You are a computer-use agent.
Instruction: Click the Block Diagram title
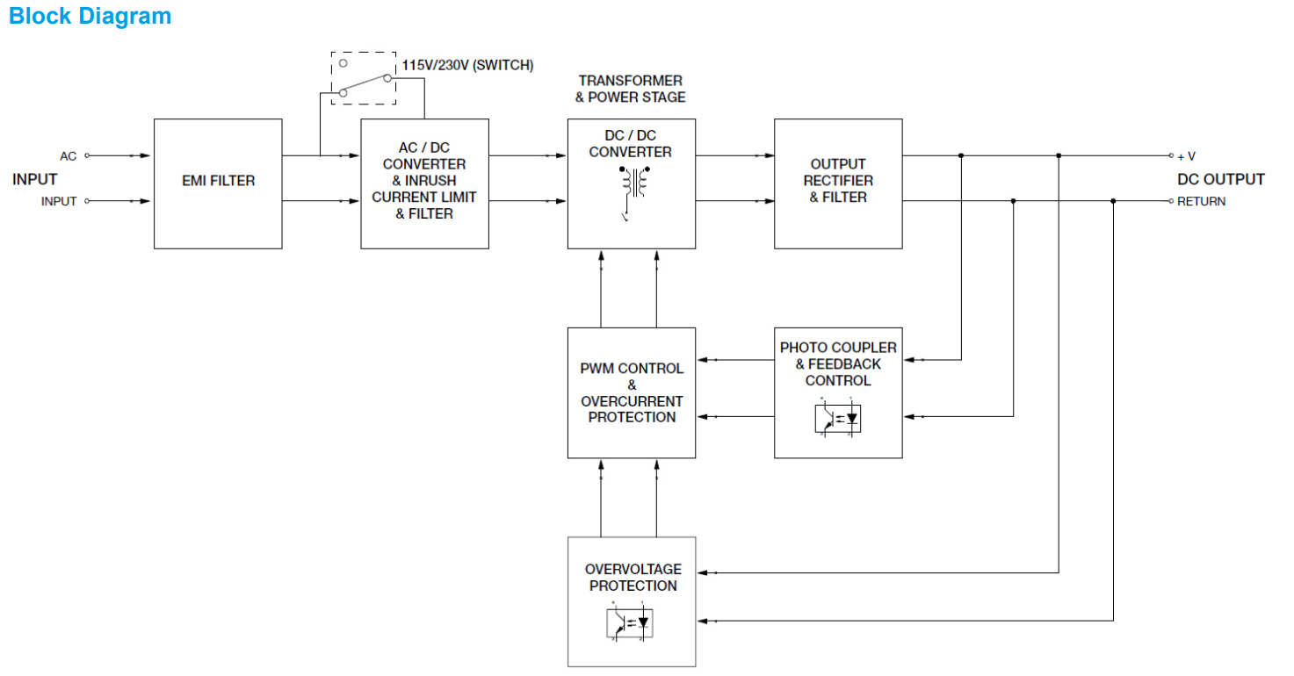pyautogui.click(x=90, y=16)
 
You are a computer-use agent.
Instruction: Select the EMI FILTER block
pyautogui.click(x=218, y=182)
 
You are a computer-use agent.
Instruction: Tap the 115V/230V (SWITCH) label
pyautogui.click(x=467, y=65)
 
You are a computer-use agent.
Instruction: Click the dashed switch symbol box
pyautogui.click(x=364, y=78)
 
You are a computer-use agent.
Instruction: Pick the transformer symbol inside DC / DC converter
pyautogui.click(x=633, y=183)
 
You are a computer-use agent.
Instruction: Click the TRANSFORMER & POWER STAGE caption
pyautogui.click(x=630, y=89)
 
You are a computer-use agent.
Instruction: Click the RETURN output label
pyautogui.click(x=1201, y=201)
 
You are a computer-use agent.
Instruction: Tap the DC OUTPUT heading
pyautogui.click(x=1220, y=179)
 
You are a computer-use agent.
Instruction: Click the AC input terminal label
pyautogui.click(x=68, y=156)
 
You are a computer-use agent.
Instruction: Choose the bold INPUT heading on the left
pyautogui.click(x=34, y=179)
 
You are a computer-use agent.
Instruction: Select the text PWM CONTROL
pyautogui.click(x=632, y=368)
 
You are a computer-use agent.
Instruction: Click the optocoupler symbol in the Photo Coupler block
pyautogui.click(x=838, y=419)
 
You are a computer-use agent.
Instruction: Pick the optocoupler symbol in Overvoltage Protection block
pyautogui.click(x=631, y=622)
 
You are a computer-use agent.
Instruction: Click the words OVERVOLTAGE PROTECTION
pyautogui.click(x=633, y=578)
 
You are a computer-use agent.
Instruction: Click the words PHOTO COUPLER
pyautogui.click(x=838, y=348)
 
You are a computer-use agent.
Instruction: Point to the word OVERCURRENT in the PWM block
pyautogui.click(x=632, y=401)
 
